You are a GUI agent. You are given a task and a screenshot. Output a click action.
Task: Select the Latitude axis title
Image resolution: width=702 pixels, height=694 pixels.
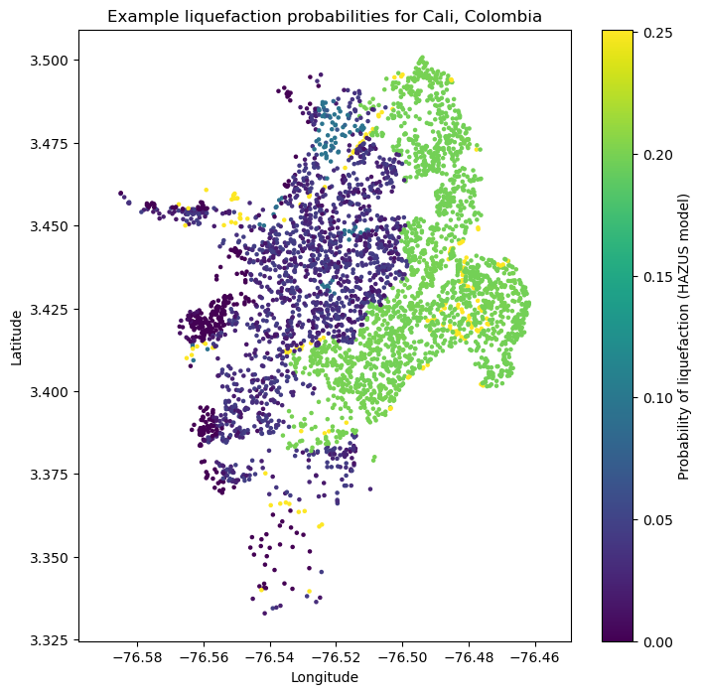(17, 336)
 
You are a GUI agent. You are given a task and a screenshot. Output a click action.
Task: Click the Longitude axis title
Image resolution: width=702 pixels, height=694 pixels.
(324, 677)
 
